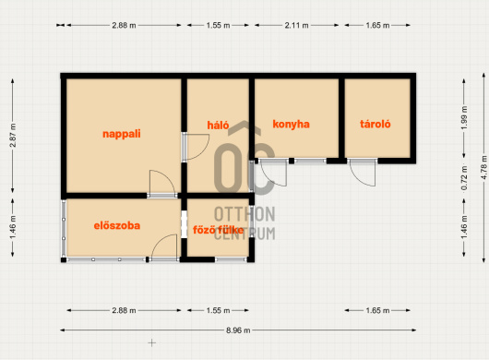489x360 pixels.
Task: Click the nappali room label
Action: point(122,134)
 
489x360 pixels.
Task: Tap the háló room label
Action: point(218,126)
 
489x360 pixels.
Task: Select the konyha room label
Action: point(291,125)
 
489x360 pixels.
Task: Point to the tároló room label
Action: point(376,124)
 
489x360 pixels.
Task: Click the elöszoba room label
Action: point(117,225)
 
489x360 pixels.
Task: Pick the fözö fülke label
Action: point(218,230)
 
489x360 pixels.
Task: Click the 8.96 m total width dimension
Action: point(238,330)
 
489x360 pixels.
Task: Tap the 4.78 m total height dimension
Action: point(483,167)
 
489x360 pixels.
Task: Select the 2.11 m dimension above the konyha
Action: point(296,25)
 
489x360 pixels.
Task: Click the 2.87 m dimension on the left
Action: point(13,136)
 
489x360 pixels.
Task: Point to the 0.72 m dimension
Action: point(464,178)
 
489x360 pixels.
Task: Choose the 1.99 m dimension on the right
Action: point(464,118)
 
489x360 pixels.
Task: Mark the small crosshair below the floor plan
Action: point(152,342)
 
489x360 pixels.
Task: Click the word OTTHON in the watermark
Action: point(244,214)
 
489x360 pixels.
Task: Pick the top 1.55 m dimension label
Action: point(218,25)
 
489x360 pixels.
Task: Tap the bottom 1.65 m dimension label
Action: point(377,310)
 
